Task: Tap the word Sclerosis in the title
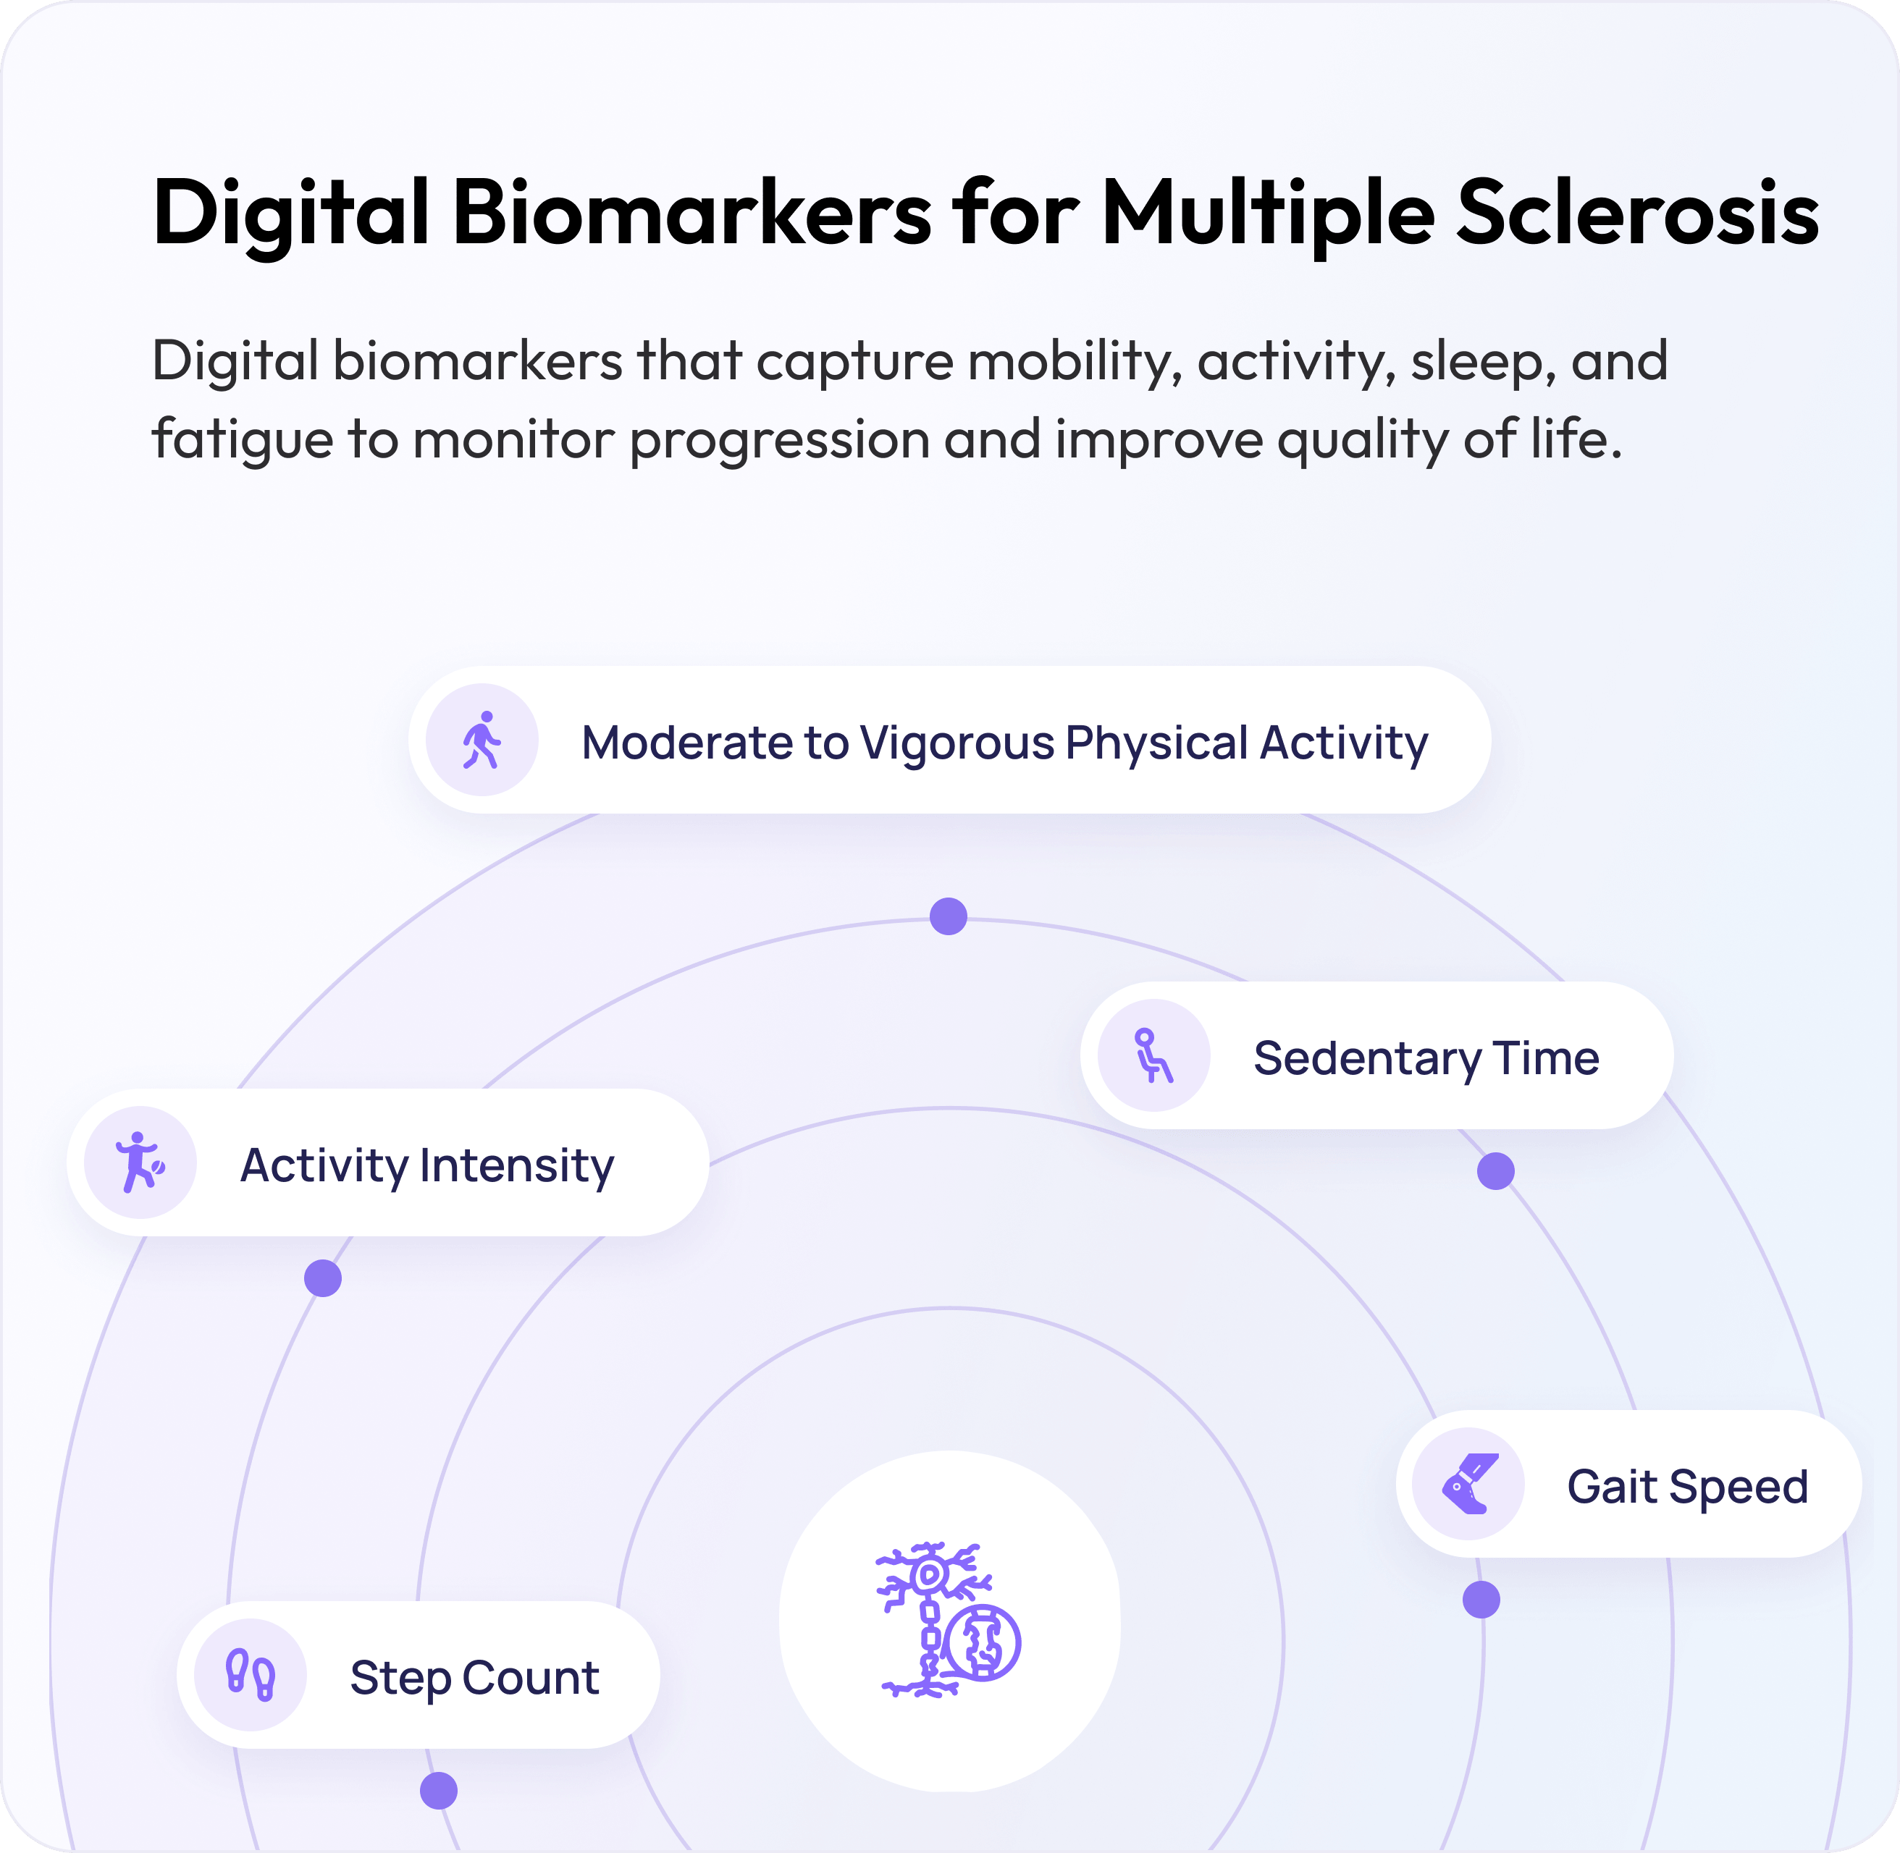(x=1638, y=213)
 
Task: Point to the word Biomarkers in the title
(x=692, y=211)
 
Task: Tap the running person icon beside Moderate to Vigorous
(x=482, y=740)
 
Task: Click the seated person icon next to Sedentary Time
(x=1153, y=1056)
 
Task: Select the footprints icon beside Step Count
(x=250, y=1675)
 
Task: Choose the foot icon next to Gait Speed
(x=1470, y=1483)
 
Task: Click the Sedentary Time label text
(x=1426, y=1059)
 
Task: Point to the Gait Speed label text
(x=1688, y=1487)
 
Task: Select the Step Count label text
(x=474, y=1678)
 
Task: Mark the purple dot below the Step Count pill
(x=439, y=1790)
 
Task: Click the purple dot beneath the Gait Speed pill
(x=1481, y=1599)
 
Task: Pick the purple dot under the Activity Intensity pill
(x=323, y=1278)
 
